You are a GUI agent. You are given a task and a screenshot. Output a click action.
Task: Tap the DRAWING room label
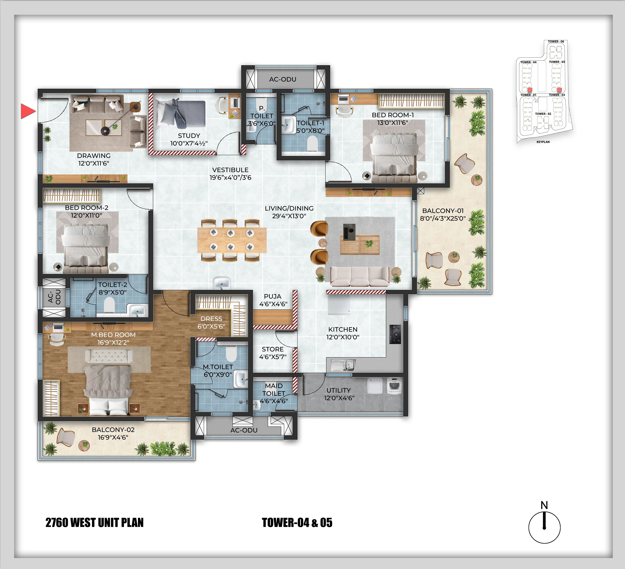(x=94, y=156)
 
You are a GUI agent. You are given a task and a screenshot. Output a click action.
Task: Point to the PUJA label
(x=273, y=297)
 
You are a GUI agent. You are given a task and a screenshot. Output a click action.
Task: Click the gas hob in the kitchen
(x=395, y=334)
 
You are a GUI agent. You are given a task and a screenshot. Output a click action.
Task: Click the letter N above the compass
(x=544, y=506)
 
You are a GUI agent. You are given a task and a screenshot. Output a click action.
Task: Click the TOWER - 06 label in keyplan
(x=556, y=42)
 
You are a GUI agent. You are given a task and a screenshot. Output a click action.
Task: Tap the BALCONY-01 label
(x=443, y=211)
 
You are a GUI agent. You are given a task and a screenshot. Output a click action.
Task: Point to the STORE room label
(x=273, y=349)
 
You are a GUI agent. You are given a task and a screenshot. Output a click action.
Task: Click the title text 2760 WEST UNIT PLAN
(x=95, y=523)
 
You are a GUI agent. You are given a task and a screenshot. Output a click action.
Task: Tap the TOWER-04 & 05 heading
(x=297, y=523)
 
